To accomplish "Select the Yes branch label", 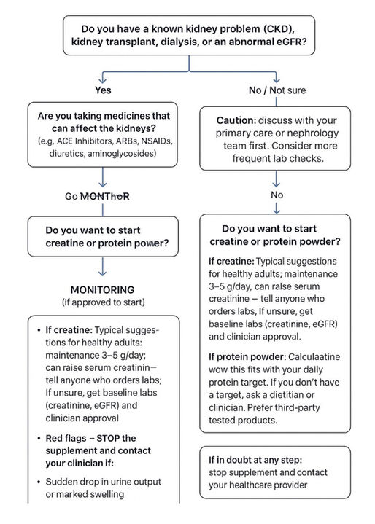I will click(103, 90).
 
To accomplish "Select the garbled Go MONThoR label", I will click(102, 196).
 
